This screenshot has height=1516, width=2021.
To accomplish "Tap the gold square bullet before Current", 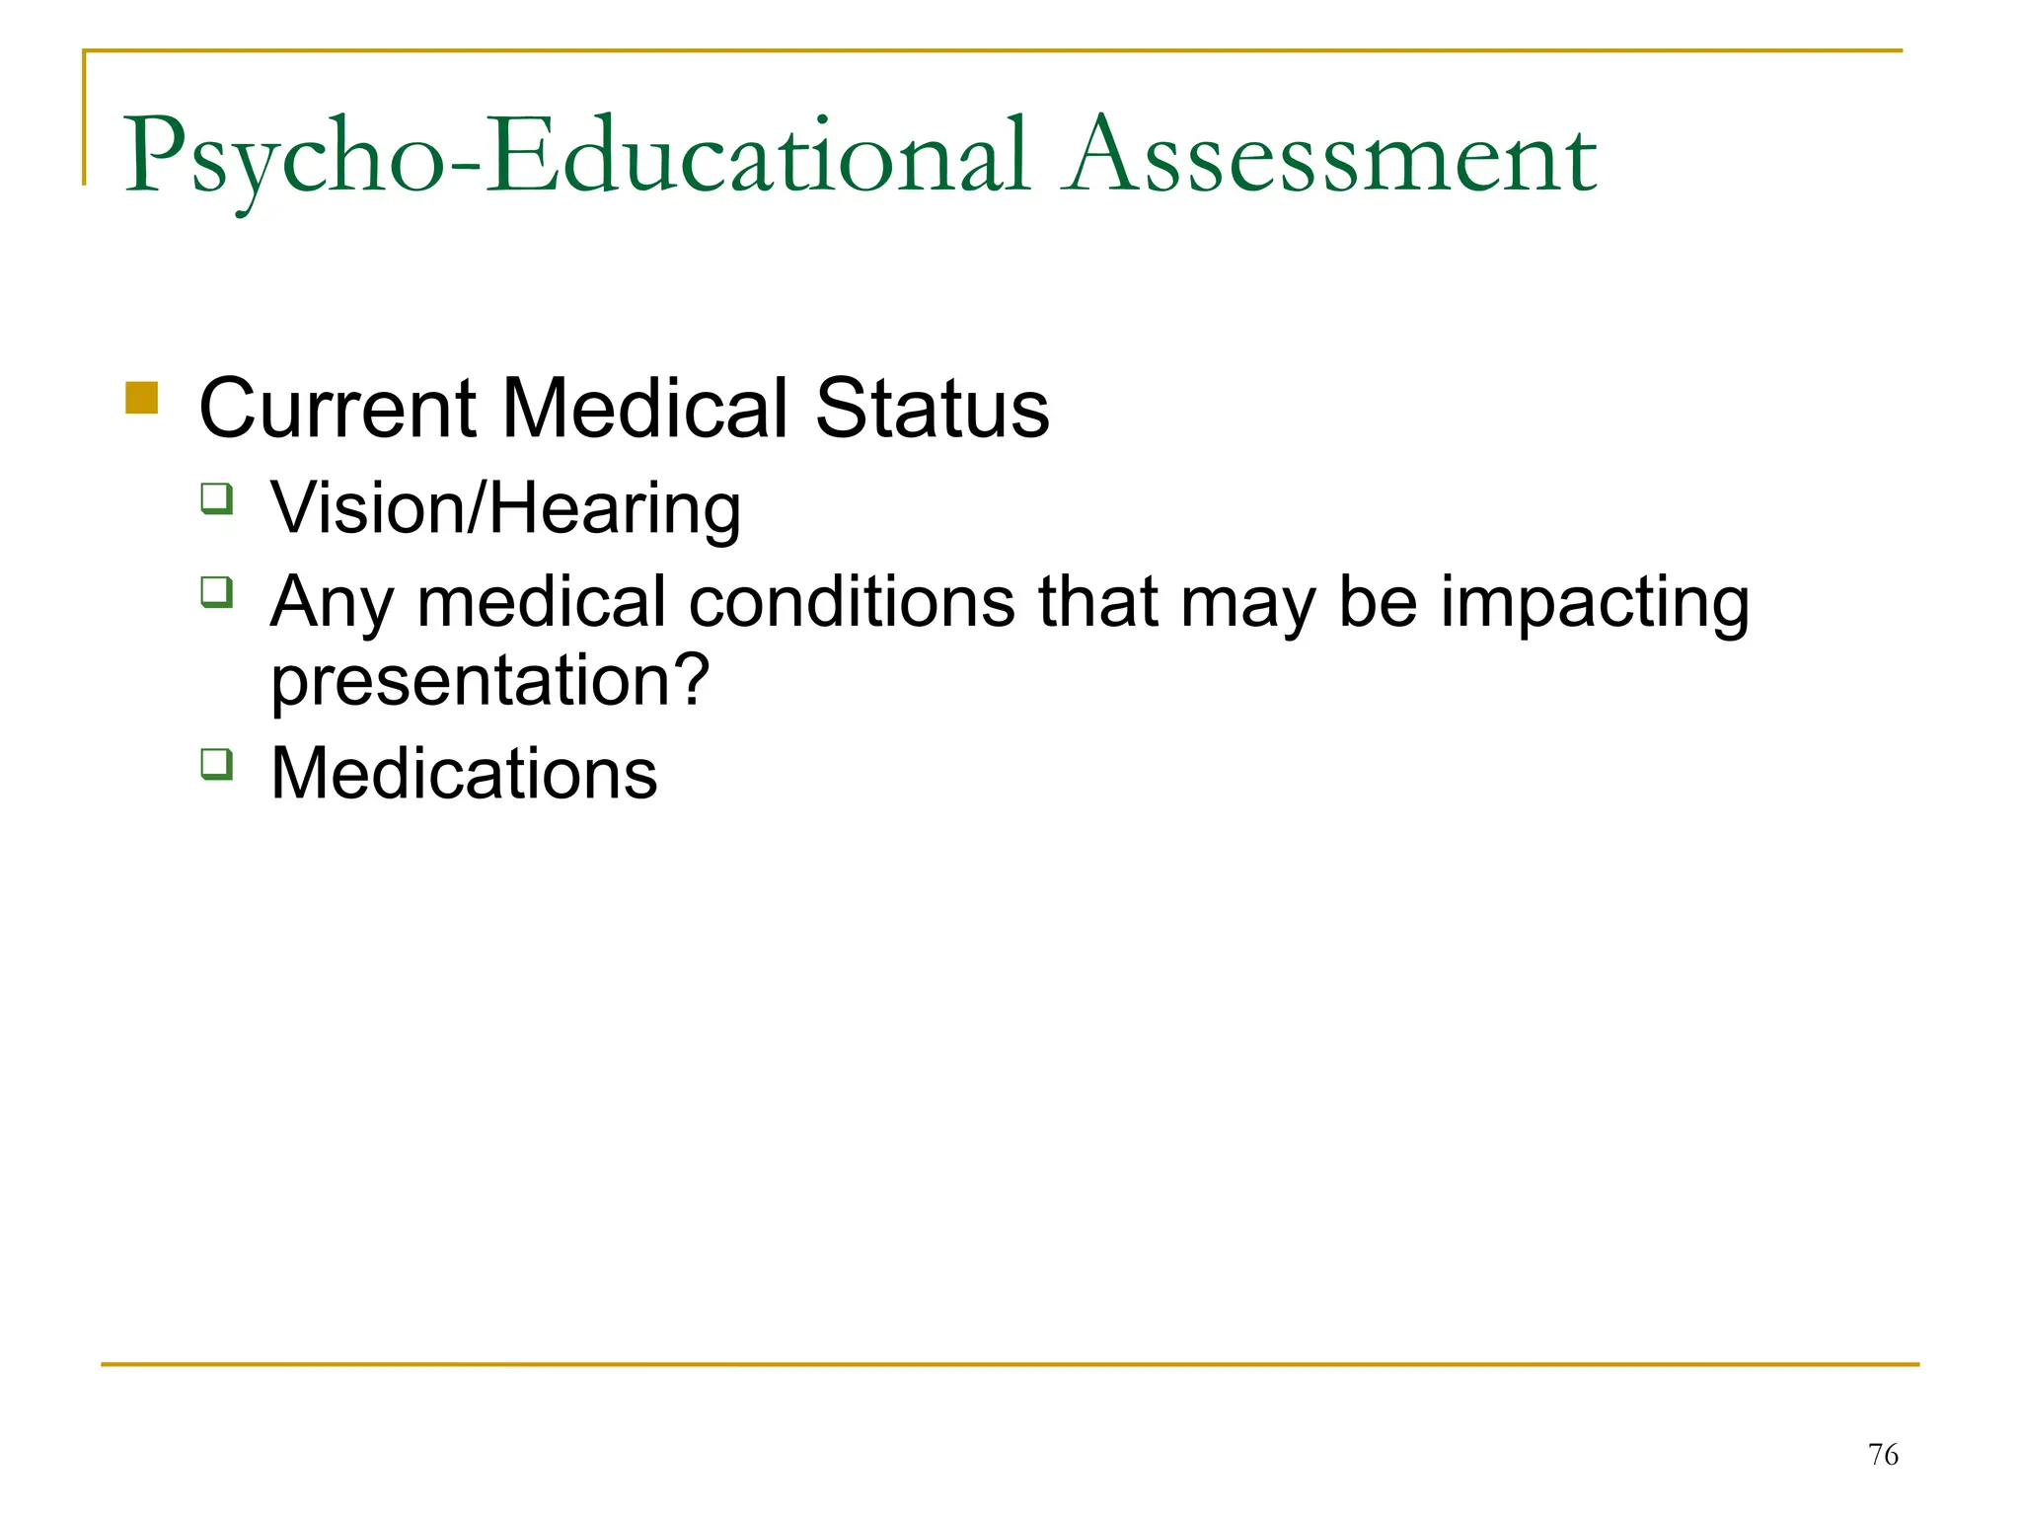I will (x=142, y=398).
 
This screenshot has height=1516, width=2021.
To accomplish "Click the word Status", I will (x=933, y=409).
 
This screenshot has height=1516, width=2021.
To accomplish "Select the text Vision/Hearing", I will (x=505, y=509).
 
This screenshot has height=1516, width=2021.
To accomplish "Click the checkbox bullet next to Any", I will (x=217, y=592).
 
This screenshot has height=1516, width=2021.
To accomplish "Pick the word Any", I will (x=331, y=602).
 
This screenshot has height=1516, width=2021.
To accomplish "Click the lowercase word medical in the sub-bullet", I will (x=542, y=602).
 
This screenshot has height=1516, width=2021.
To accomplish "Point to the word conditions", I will (x=852, y=602).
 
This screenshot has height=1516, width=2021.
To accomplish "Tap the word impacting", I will (x=1594, y=602).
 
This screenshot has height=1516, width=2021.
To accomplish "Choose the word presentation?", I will (x=490, y=681).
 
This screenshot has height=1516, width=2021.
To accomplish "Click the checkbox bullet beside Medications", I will (x=217, y=764).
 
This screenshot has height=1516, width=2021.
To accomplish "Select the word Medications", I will (x=464, y=774).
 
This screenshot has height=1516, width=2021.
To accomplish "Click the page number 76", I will (x=1883, y=1455).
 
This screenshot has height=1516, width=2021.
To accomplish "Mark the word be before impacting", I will (x=1378, y=602).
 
